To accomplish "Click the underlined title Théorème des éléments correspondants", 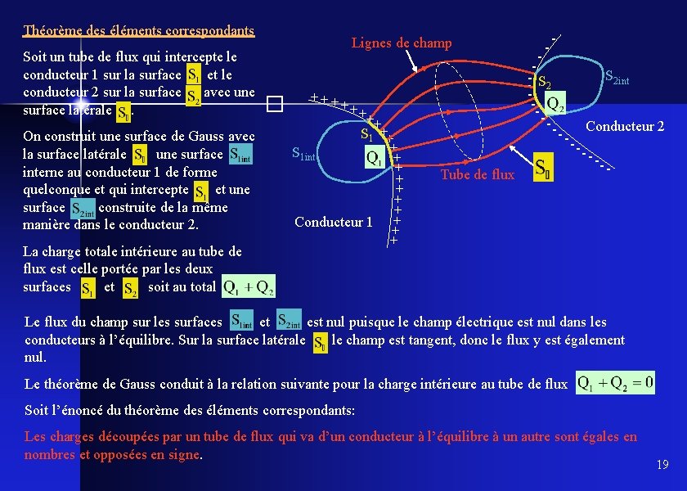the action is point(139,31).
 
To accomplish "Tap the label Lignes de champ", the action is point(401,43).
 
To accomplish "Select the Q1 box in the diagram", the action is point(375,158).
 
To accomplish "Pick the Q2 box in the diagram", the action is point(555,104).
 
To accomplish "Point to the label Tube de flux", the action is point(478,174).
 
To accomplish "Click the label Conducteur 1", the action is point(334,222).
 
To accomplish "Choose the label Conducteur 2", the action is point(626,126).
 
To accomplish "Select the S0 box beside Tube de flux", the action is point(542,168).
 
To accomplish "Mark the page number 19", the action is point(662,465).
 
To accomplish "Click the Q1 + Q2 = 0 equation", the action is point(615,383).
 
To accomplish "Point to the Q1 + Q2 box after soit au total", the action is point(249,286).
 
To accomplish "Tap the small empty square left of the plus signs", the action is point(272,104).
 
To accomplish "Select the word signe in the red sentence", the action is point(182,455).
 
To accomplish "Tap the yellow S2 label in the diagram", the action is point(544,83).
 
